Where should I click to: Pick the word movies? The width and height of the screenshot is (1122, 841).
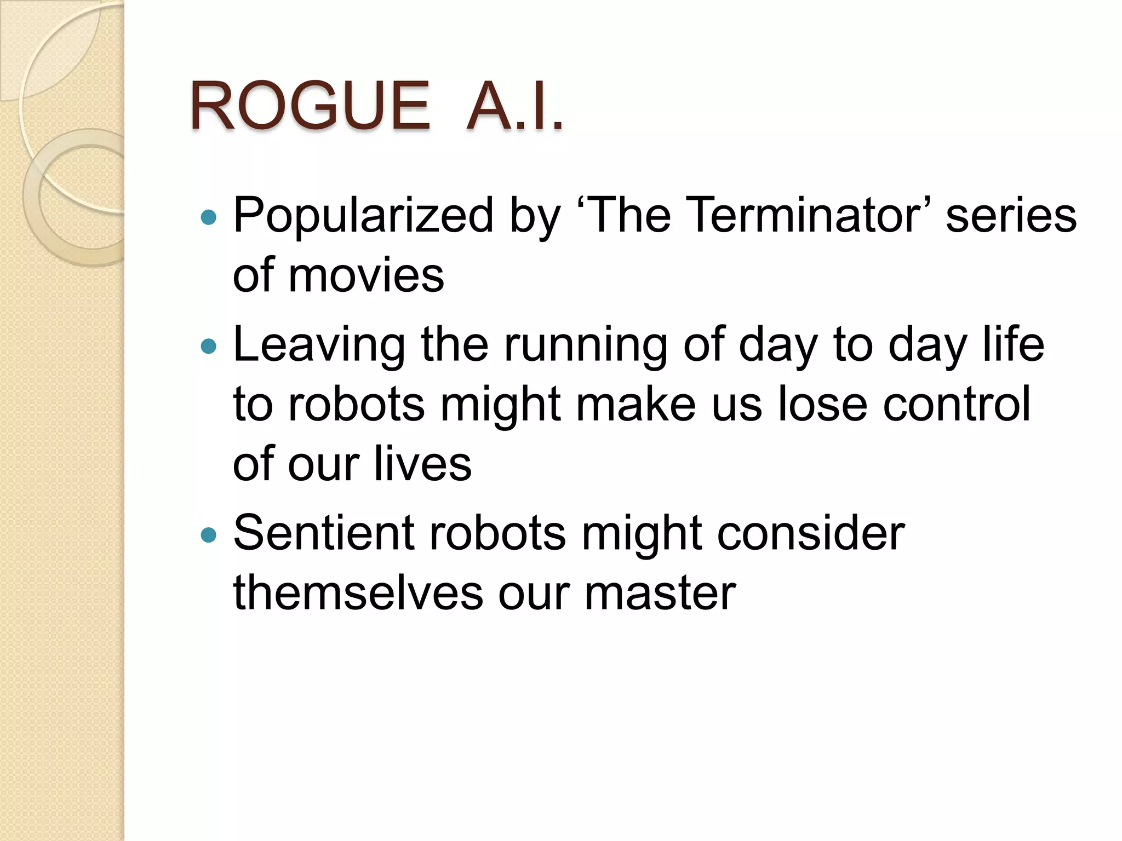pos(366,275)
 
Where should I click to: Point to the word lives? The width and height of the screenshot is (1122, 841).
pos(422,464)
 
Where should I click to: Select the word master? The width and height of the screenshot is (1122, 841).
pos(660,594)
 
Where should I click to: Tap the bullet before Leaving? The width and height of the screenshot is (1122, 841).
pos(209,347)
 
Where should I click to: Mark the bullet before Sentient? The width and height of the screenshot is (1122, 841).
pos(209,535)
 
